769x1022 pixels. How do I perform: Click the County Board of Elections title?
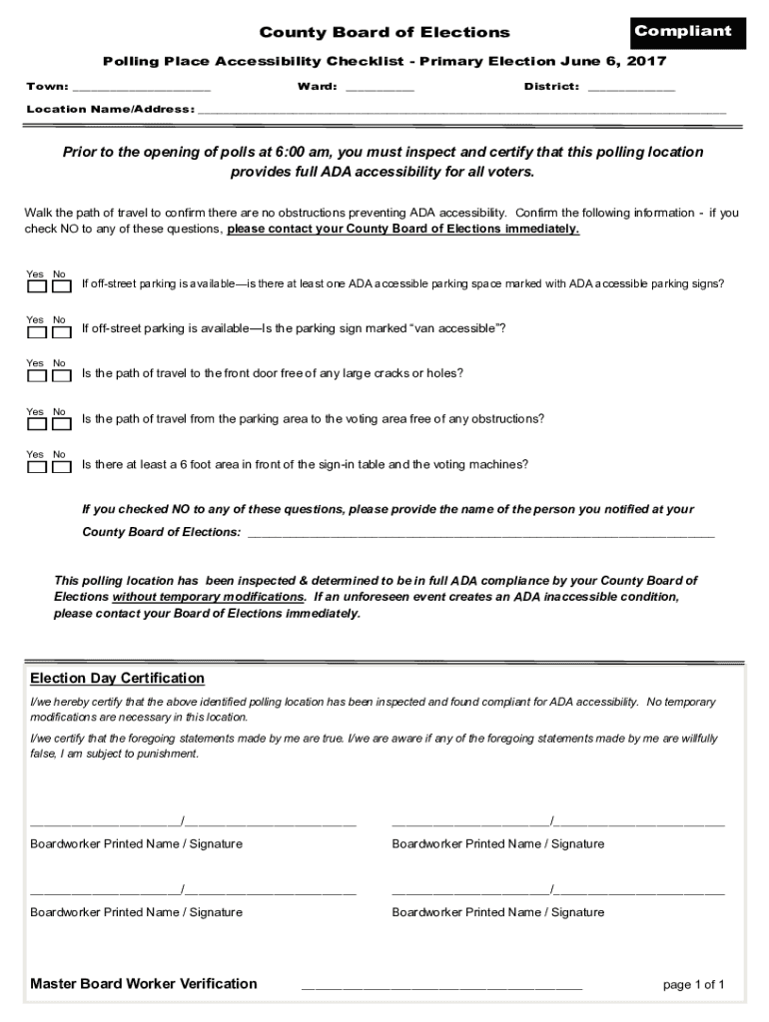384,33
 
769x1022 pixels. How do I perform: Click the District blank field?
630,88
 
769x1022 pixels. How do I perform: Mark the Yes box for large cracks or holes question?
37,376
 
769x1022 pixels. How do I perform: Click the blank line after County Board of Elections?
480,533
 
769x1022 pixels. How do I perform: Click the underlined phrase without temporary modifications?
209,597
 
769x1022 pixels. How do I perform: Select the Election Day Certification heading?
117,679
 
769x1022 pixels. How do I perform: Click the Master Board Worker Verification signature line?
441,985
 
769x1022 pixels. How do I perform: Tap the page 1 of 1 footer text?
693,985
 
